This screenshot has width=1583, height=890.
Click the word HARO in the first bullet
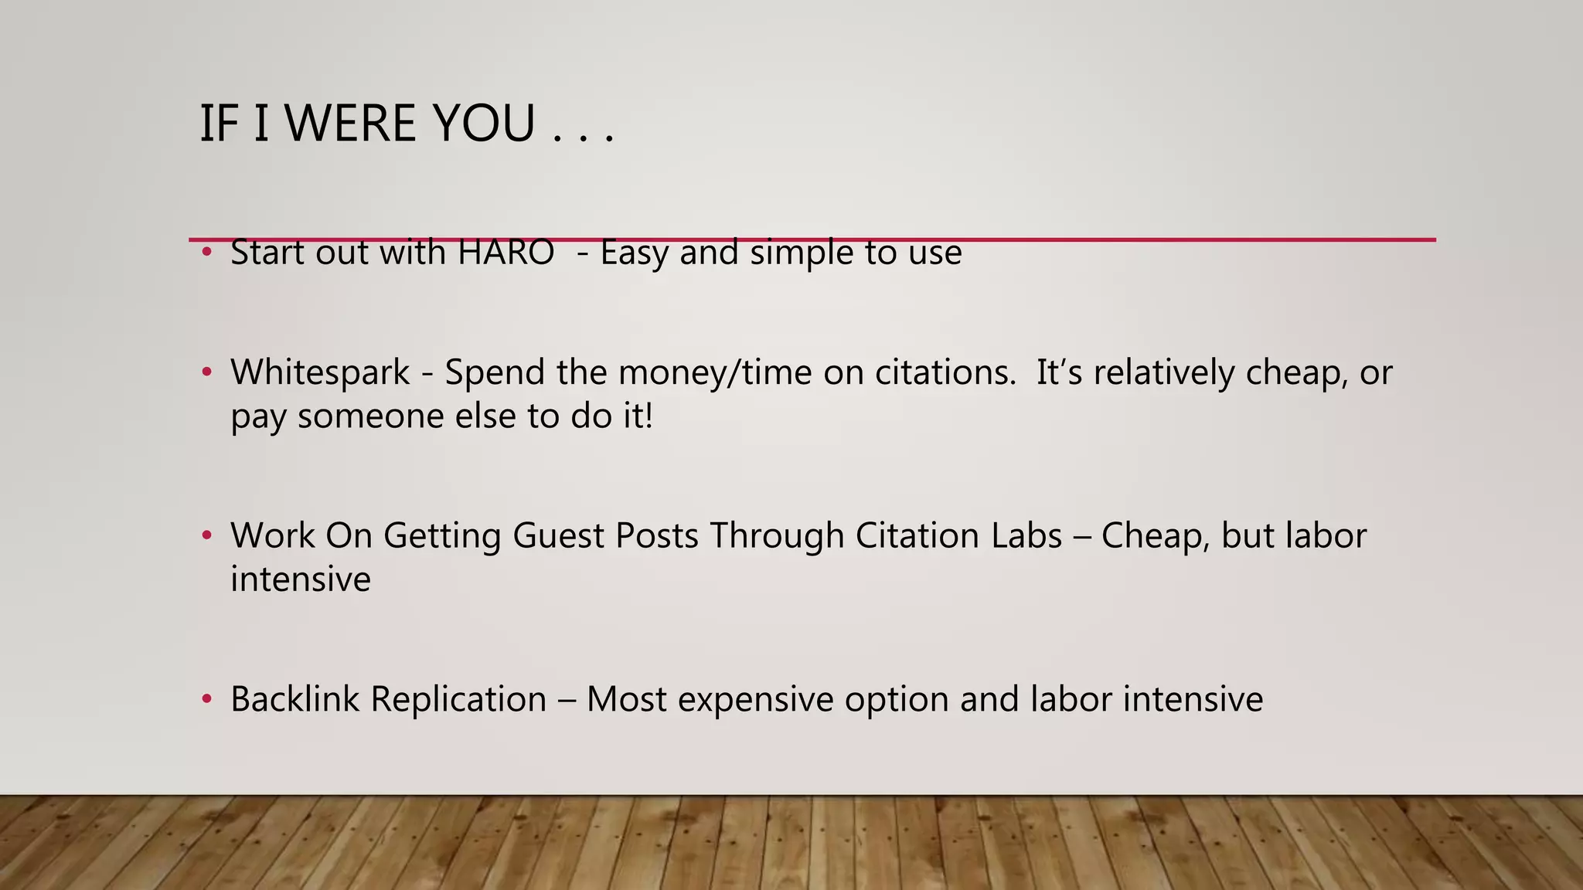pos(506,253)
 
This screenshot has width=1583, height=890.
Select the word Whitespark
pos(320,372)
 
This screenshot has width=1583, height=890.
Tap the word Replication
pos(458,699)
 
